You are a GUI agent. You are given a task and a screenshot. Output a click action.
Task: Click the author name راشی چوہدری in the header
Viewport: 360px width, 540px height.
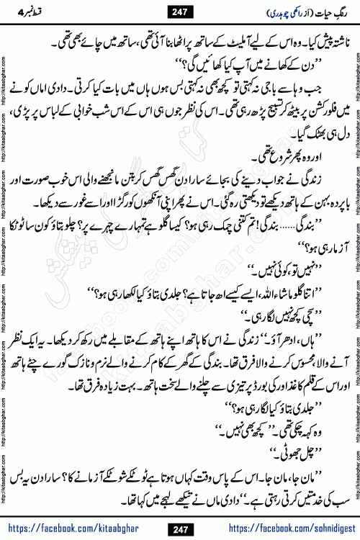(256, 12)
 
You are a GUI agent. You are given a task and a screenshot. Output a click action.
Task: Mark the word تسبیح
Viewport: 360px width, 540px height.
(252, 114)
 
